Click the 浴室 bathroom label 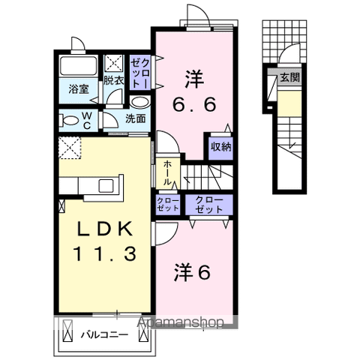tap(79, 89)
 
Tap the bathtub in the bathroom tap(79, 65)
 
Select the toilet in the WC tap(68, 121)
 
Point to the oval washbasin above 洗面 tap(140, 103)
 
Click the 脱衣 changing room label tap(114, 80)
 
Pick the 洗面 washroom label tap(135, 119)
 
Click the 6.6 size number tap(194, 104)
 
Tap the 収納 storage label tap(221, 148)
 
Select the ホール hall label tap(167, 173)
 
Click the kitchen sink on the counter tap(106, 186)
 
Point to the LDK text tap(105, 229)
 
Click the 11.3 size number tap(104, 253)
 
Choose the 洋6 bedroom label tap(192, 272)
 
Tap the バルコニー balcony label tap(104, 334)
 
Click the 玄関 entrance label tap(289, 77)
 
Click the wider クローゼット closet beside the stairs tap(209, 205)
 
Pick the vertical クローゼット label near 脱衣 tap(140, 73)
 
